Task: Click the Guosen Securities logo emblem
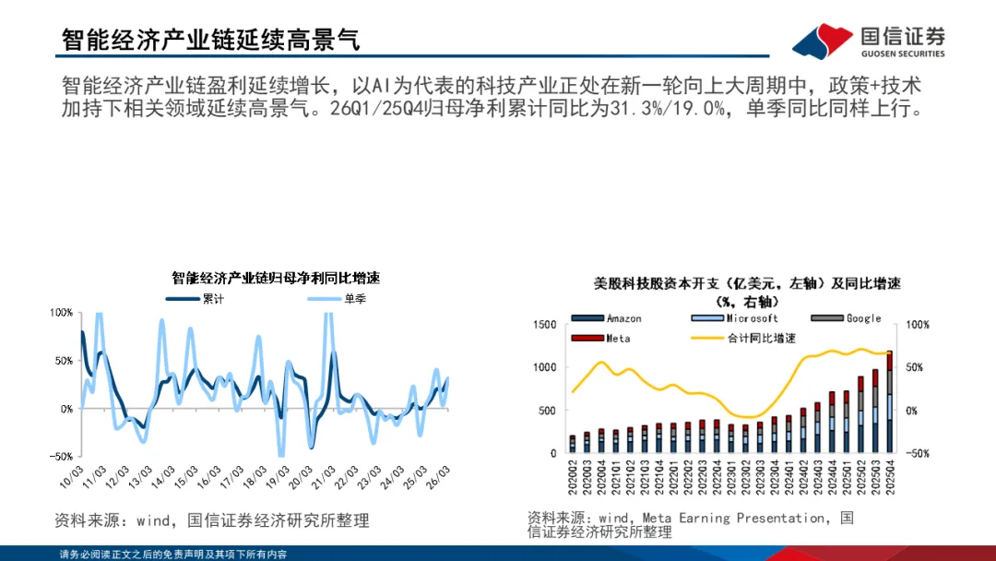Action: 823,41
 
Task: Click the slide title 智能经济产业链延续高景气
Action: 211,40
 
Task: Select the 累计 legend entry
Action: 195,299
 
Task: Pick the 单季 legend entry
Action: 337,299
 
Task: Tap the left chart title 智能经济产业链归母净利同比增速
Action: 276,278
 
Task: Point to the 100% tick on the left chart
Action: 61,313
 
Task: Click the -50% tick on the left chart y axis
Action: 61,456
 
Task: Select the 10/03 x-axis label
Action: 71,477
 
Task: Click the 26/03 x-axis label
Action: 438,477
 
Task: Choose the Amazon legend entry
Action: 607,318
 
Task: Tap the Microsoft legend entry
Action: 734,318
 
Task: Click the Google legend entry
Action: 846,318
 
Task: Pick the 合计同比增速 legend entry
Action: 743,338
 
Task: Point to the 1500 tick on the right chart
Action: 545,325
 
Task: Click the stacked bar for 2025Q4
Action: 889,401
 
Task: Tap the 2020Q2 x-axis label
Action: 573,477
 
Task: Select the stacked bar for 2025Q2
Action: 860,414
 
